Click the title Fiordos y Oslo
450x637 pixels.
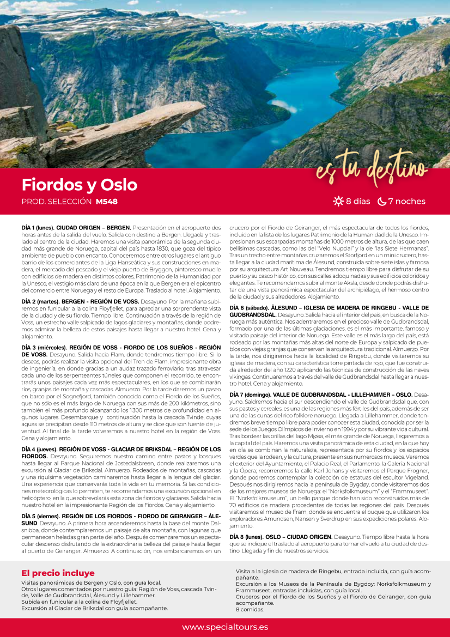80,185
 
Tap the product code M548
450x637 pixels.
107,202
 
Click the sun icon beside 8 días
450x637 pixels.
338,202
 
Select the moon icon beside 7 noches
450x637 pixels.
381,202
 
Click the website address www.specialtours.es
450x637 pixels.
225,627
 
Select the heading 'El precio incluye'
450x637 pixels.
58,573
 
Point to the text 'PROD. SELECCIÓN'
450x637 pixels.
56,202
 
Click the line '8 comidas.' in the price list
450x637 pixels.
246,609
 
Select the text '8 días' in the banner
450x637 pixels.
358,202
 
